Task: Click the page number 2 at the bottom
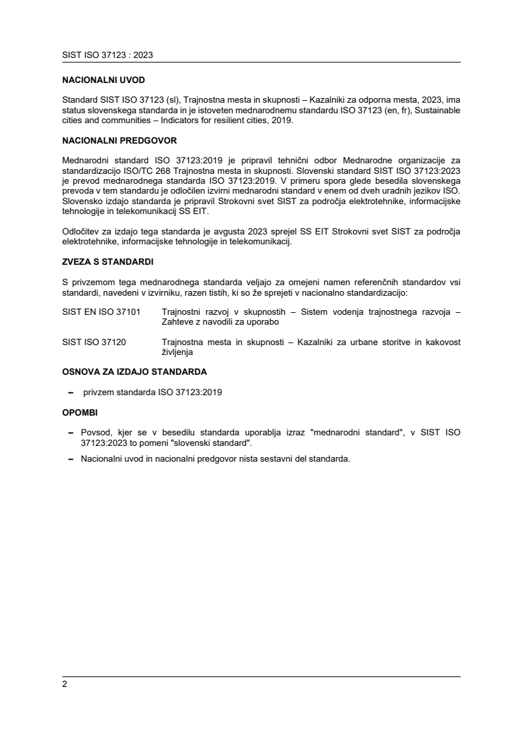pyautogui.click(x=65, y=684)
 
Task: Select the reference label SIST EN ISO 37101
pyautogui.click(x=101, y=312)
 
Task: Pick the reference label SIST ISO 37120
pyautogui.click(x=94, y=342)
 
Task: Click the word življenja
pyautogui.click(x=177, y=352)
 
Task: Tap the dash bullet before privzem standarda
pyautogui.click(x=71, y=393)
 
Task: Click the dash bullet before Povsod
pyautogui.click(x=71, y=433)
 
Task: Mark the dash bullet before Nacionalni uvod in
pyautogui.click(x=71, y=458)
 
